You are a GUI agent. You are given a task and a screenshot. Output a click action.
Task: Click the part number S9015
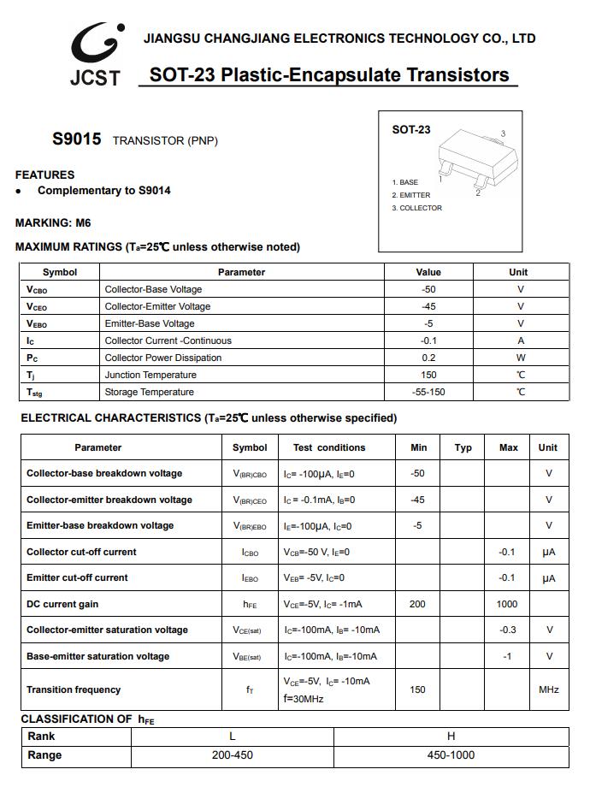pyautogui.click(x=76, y=139)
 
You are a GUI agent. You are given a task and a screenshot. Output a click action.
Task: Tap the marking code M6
pyautogui.click(x=82, y=223)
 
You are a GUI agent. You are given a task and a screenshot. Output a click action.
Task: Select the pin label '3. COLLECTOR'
pyautogui.click(x=417, y=209)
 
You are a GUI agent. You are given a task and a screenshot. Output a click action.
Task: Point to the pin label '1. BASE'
pyautogui.click(x=405, y=182)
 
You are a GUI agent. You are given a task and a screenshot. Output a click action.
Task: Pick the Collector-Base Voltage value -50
pyautogui.click(x=428, y=289)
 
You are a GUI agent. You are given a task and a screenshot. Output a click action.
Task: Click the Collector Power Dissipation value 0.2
pyautogui.click(x=428, y=358)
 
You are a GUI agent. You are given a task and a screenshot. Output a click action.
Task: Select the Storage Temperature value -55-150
pyautogui.click(x=428, y=392)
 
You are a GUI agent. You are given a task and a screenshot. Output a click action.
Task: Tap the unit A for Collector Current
pyautogui.click(x=520, y=340)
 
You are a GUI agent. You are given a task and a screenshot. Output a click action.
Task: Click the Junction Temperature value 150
pyautogui.click(x=428, y=375)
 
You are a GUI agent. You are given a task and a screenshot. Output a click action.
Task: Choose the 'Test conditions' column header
pyautogui.click(x=329, y=447)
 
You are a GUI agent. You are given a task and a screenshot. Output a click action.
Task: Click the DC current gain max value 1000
pyautogui.click(x=507, y=604)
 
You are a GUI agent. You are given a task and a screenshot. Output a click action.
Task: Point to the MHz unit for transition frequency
pyautogui.click(x=548, y=689)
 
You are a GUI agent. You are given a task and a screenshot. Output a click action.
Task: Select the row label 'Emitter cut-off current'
pyautogui.click(x=77, y=577)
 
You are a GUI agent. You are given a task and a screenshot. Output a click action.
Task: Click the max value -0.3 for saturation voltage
pyautogui.click(x=507, y=630)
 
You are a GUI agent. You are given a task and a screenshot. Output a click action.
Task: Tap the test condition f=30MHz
pyautogui.click(x=304, y=699)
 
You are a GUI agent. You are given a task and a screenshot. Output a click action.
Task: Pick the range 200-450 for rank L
pyautogui.click(x=233, y=755)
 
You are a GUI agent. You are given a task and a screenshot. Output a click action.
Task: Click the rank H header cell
pyautogui.click(x=451, y=737)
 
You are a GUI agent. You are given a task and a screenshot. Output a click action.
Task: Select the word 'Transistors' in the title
pyautogui.click(x=455, y=75)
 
